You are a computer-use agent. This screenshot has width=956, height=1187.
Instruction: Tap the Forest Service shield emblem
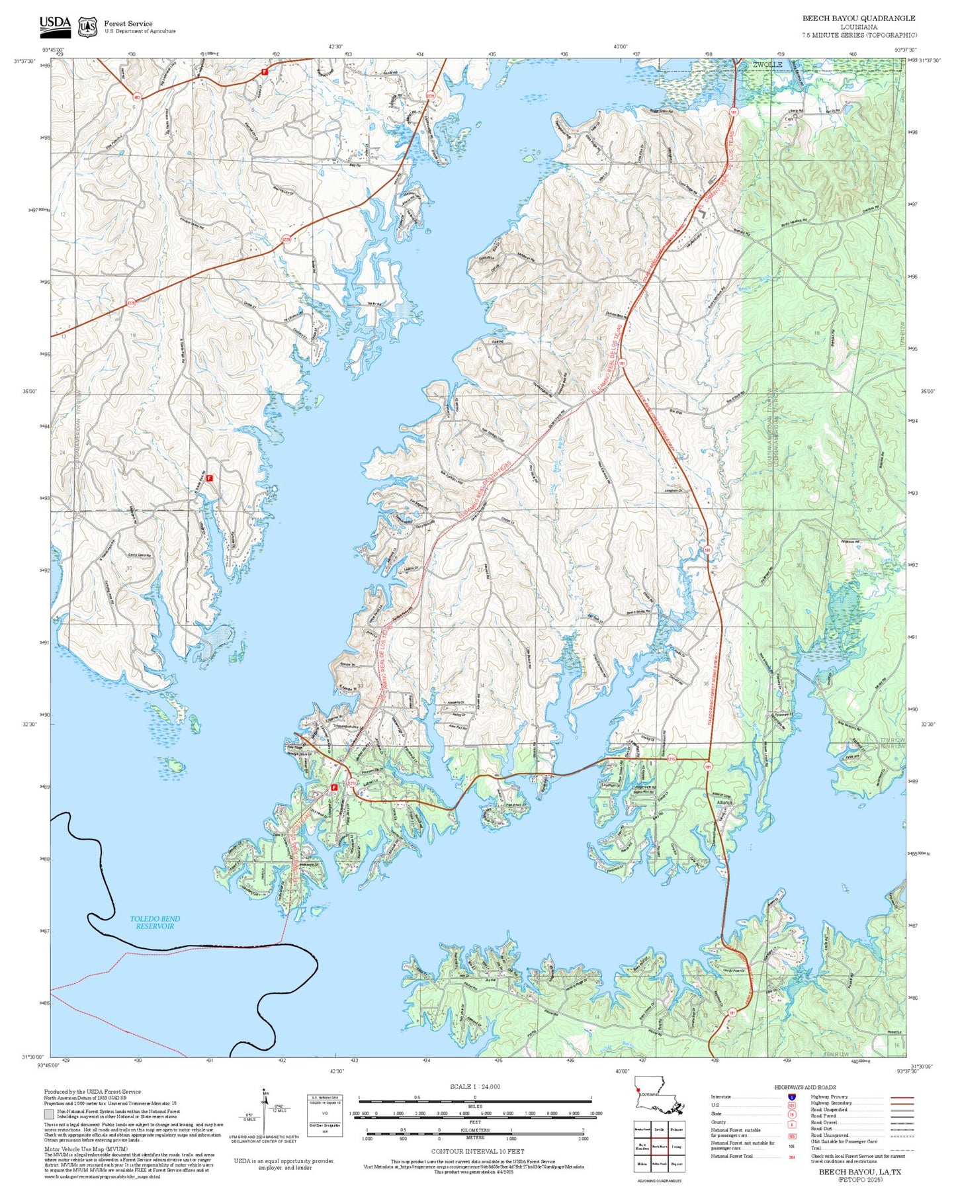pyautogui.click(x=87, y=27)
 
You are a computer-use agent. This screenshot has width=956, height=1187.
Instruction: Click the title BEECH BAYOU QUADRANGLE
pyautogui.click(x=859, y=19)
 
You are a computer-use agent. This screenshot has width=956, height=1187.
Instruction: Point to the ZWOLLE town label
pyautogui.click(x=767, y=64)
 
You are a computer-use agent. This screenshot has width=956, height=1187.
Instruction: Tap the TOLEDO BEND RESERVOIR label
pyautogui.click(x=155, y=922)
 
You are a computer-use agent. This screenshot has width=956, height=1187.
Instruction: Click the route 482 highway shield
pyautogui.click(x=136, y=97)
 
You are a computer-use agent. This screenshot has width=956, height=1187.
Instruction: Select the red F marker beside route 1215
pyautogui.click(x=335, y=787)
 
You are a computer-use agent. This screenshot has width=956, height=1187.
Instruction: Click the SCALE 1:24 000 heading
pyautogui.click(x=475, y=1086)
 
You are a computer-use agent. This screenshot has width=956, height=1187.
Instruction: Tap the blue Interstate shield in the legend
pyautogui.click(x=791, y=1096)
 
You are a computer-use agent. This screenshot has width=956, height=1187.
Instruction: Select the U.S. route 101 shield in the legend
pyautogui.click(x=791, y=1105)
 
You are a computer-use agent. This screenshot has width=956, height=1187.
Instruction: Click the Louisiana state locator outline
pyautogui.click(x=658, y=1103)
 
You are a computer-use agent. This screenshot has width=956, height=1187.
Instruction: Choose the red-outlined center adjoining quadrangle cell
pyautogui.click(x=660, y=1146)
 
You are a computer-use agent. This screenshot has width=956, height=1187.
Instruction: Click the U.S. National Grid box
pyautogui.click(x=325, y=1116)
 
